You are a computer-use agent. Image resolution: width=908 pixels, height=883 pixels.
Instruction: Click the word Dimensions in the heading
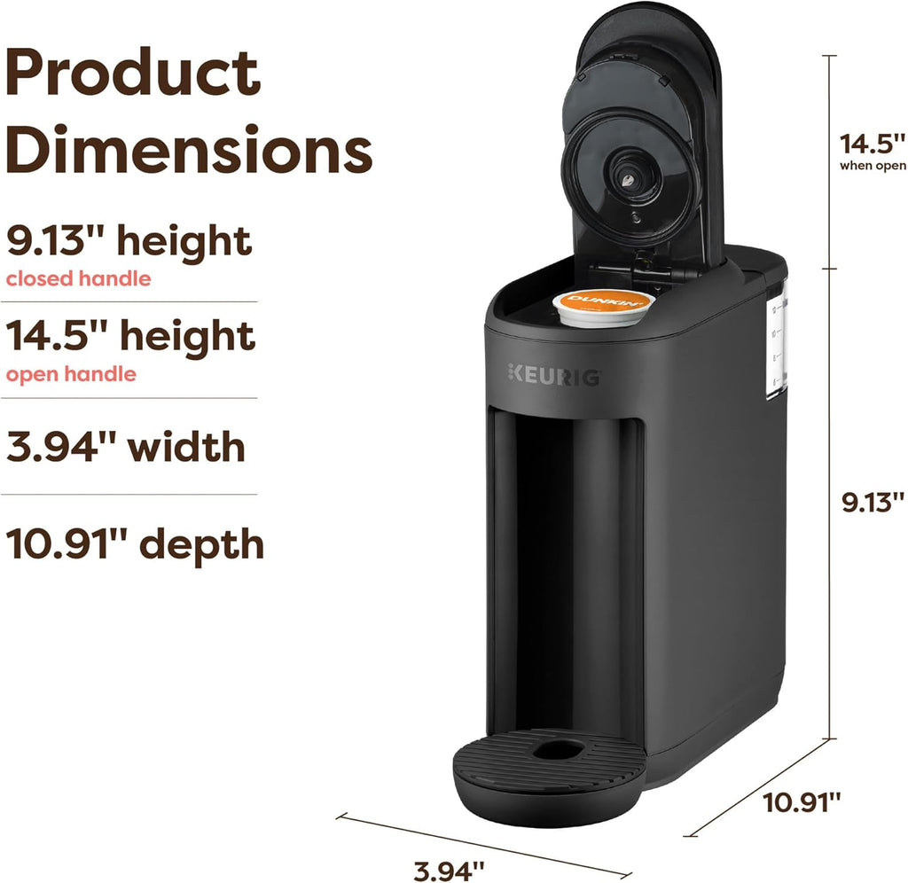[x=189, y=150]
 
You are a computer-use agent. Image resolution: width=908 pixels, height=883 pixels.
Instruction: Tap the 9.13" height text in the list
[x=129, y=241]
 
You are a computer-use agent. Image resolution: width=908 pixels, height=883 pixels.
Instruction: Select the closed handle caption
[x=78, y=278]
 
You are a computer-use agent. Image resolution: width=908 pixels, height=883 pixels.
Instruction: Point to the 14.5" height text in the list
[x=130, y=337]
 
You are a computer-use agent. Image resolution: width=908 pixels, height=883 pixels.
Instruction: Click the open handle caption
[x=71, y=374]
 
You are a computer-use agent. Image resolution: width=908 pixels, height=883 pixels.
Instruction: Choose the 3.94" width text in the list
[x=125, y=446]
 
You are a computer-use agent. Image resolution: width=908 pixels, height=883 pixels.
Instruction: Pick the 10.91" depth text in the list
[x=135, y=543]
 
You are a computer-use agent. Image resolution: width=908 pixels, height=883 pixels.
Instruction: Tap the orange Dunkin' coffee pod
[x=603, y=305]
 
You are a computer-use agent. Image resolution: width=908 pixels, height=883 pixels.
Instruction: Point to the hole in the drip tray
[x=560, y=750]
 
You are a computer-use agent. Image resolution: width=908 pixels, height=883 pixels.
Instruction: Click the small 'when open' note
[x=873, y=166]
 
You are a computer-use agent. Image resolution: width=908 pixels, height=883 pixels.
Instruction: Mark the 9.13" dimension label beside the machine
[x=873, y=504]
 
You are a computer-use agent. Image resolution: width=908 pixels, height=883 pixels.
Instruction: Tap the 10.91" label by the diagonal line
[x=802, y=803]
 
